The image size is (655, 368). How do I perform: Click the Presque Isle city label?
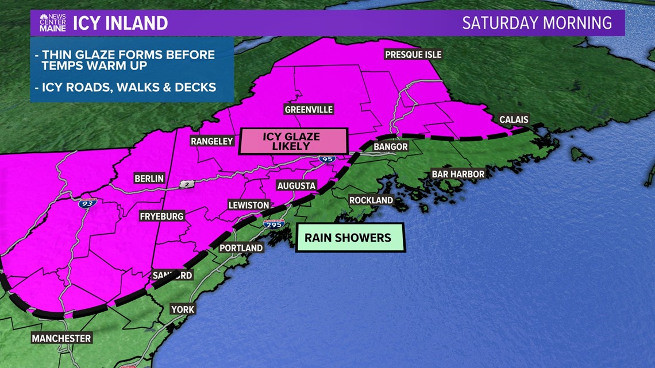[x=413, y=55]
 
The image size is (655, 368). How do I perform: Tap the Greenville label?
[x=309, y=110]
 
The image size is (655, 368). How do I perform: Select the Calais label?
[x=513, y=120]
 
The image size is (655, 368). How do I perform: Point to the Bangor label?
[x=390, y=147]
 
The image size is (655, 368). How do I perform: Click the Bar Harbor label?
[x=458, y=174]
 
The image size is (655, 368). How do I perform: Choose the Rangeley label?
[x=212, y=141]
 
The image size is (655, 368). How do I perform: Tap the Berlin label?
[x=149, y=179]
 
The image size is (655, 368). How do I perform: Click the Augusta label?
[x=296, y=186]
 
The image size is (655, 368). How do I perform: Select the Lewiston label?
[x=249, y=205]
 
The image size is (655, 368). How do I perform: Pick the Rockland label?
[x=371, y=200]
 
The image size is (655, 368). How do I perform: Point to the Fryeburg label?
[x=161, y=216]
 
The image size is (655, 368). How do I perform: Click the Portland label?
[x=241, y=248]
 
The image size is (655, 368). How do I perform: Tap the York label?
[x=183, y=309]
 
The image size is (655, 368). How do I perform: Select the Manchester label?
[x=61, y=338]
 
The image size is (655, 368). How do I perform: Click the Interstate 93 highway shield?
[x=88, y=203]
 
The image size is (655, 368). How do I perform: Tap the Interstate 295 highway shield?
[x=274, y=224]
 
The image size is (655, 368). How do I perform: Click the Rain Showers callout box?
[x=350, y=238]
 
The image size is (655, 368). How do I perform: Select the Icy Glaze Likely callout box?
[x=294, y=141]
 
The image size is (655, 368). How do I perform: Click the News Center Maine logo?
[x=53, y=23]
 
